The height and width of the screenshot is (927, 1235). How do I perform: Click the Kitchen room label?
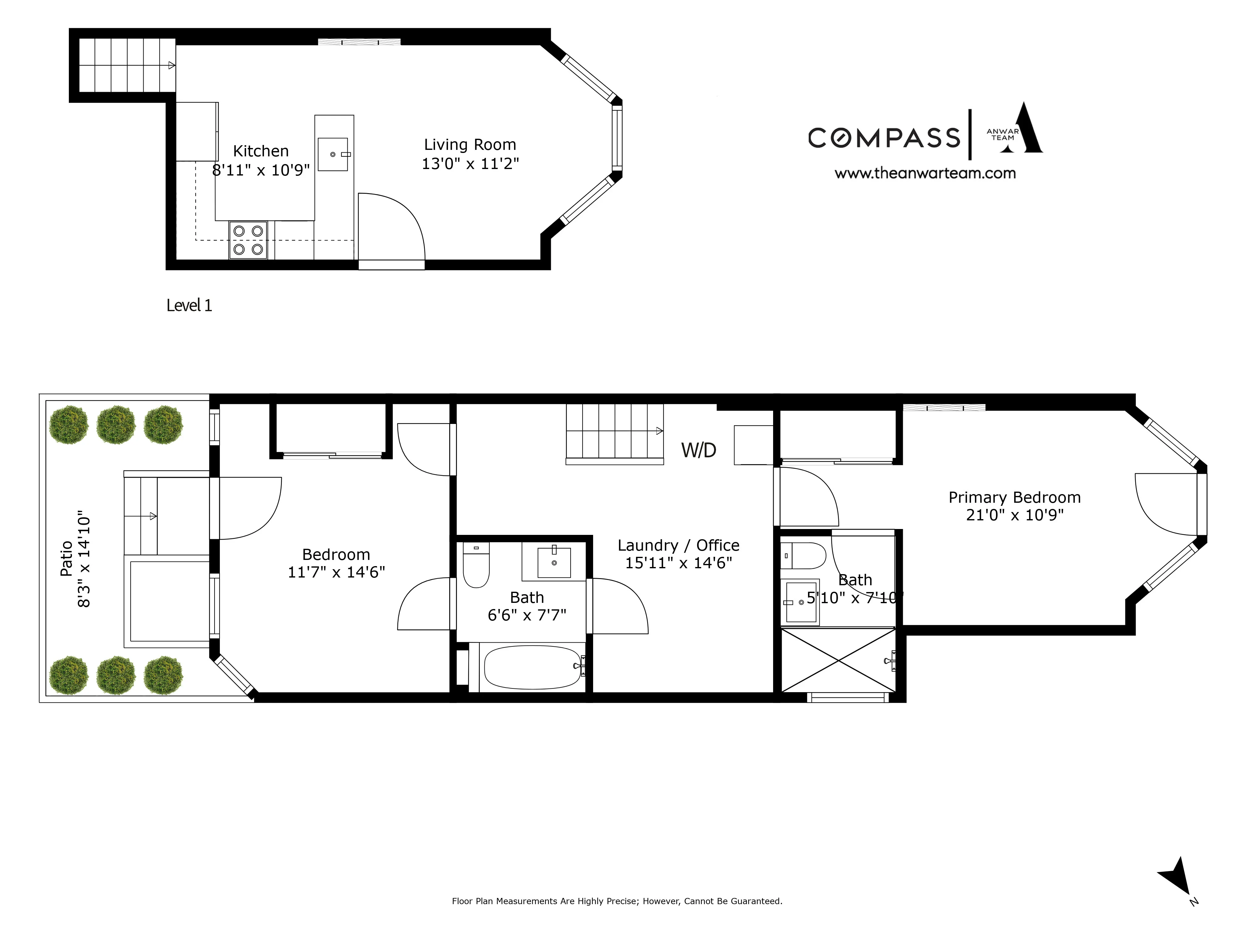260,151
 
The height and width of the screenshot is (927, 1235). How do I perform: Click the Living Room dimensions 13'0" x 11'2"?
470,164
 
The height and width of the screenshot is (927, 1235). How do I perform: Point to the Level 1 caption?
189,305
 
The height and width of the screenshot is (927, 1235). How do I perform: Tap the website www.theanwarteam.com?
925,173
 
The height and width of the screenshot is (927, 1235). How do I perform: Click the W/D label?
698,450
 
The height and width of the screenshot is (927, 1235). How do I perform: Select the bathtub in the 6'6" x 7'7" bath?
532,667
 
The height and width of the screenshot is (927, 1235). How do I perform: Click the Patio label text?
66,558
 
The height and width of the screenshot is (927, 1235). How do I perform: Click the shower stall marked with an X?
837,660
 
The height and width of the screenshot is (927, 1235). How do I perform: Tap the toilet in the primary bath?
802,555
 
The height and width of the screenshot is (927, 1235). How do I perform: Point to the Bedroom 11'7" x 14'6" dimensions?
336,572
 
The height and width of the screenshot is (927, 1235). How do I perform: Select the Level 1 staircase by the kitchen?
127,66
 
